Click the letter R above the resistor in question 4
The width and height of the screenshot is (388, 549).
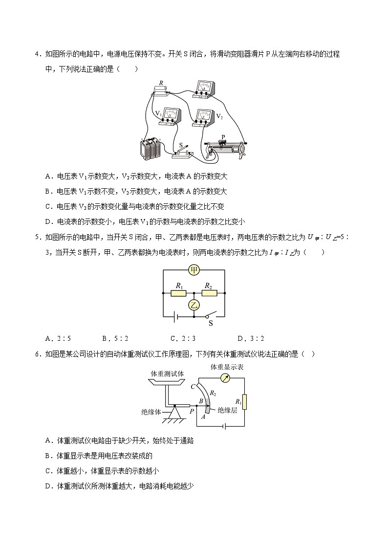pyautogui.click(x=161, y=83)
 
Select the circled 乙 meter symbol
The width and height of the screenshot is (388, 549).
pyautogui.click(x=194, y=305)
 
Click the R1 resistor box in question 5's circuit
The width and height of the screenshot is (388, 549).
pyautogui.click(x=178, y=293)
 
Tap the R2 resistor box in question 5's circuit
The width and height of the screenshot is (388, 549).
pyautogui.click(x=209, y=293)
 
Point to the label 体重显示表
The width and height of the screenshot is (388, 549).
pyautogui.click(x=227, y=367)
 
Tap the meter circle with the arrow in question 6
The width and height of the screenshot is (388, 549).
pyautogui.click(x=225, y=377)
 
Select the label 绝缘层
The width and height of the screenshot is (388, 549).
pyautogui.click(x=227, y=410)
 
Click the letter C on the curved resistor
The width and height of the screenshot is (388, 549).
pyautogui.click(x=194, y=386)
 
